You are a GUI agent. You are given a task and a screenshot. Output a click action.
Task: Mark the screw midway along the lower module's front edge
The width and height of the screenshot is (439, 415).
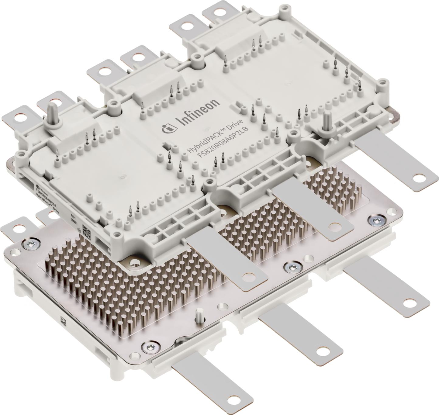[x=292, y=267]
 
